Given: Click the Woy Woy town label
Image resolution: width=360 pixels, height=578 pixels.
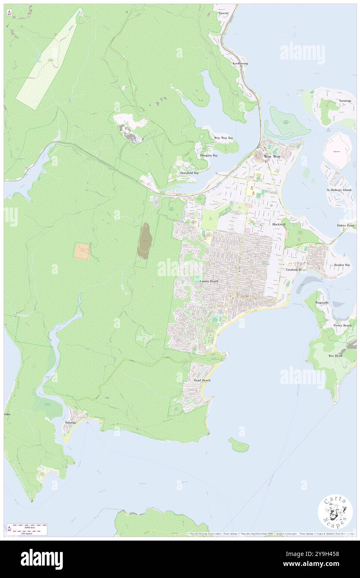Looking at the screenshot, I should click(x=272, y=157).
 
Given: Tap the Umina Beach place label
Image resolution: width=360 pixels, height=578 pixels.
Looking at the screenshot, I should click(x=209, y=282).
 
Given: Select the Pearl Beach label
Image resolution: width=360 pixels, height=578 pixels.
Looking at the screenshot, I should click(x=202, y=380).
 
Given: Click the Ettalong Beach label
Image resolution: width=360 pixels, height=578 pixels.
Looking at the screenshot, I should click(x=296, y=270).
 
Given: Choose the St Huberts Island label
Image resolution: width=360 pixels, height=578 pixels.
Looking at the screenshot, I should click(x=339, y=190).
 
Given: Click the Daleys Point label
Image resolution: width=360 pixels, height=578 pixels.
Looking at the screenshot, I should click(x=345, y=225).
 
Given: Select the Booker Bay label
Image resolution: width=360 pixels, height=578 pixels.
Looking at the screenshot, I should click(x=342, y=265).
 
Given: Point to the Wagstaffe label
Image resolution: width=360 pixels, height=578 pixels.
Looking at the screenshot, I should click(x=322, y=303).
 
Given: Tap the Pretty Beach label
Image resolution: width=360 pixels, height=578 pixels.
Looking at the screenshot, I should click(x=342, y=325).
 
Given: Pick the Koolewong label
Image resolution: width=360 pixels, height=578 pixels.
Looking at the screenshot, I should click(x=240, y=64).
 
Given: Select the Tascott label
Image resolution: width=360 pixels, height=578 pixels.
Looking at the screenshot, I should click(x=224, y=13).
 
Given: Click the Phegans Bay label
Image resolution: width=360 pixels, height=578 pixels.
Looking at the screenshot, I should click(x=209, y=156).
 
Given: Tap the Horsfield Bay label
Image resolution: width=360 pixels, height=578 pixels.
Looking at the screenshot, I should click(x=189, y=173).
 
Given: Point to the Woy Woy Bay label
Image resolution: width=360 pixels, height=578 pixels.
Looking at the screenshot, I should click(x=223, y=138).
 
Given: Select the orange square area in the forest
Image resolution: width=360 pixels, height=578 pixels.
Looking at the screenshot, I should click(x=82, y=251).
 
